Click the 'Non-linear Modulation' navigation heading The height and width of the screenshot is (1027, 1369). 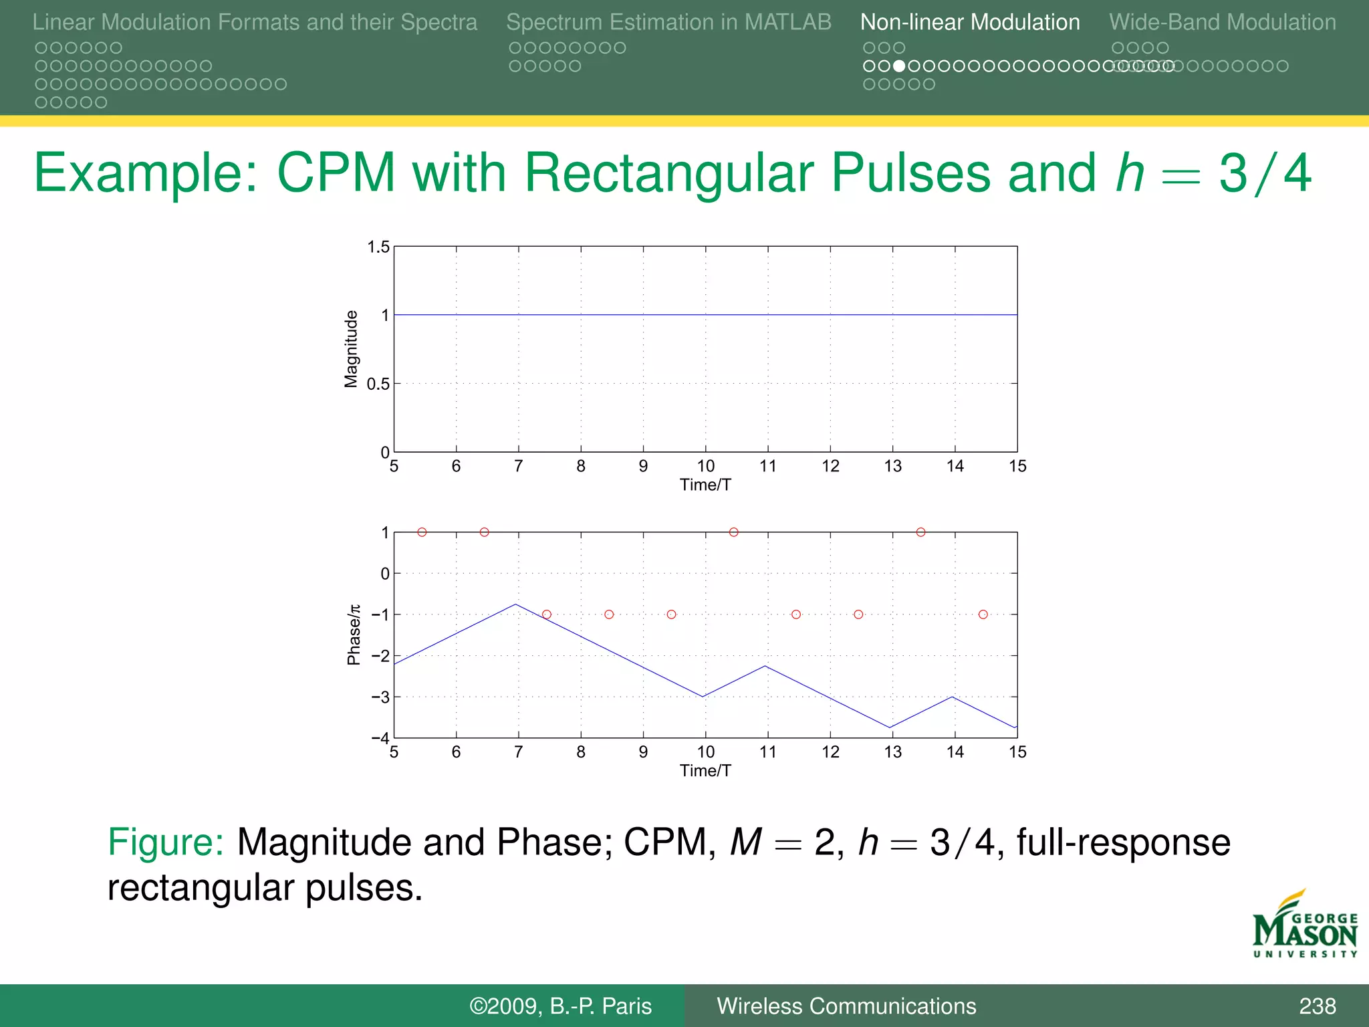pyautogui.click(x=969, y=22)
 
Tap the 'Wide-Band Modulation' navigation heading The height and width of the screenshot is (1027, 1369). pyautogui.click(x=1222, y=22)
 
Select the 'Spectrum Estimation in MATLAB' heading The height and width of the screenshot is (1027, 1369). pyautogui.click(x=668, y=22)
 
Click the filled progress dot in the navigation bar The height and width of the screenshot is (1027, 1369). pyautogui.click(x=899, y=66)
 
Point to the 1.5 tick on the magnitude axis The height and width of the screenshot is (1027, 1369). pyautogui.click(x=378, y=247)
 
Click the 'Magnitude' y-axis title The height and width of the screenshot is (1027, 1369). pyautogui.click(x=351, y=349)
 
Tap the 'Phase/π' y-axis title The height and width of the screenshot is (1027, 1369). pyautogui.click(x=354, y=635)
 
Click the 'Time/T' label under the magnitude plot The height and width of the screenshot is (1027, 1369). pyautogui.click(x=705, y=485)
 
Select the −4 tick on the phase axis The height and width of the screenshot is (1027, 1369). pyautogui.click(x=380, y=738)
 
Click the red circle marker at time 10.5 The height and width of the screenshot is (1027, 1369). pyautogui.click(x=734, y=532)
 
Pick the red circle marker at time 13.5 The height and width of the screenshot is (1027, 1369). pyautogui.click(x=920, y=532)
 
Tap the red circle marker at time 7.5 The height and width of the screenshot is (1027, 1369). pyautogui.click(x=547, y=614)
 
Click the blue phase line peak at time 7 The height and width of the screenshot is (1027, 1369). pyautogui.click(x=516, y=604)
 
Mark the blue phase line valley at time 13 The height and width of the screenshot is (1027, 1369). pyautogui.click(x=890, y=727)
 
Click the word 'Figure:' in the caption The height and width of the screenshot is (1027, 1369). pyautogui.click(x=165, y=842)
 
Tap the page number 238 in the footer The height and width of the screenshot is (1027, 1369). pyautogui.click(x=1317, y=1006)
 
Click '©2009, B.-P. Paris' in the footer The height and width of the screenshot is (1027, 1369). pyautogui.click(x=560, y=1006)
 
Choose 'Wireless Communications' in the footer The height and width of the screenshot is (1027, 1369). pyautogui.click(x=846, y=1006)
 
